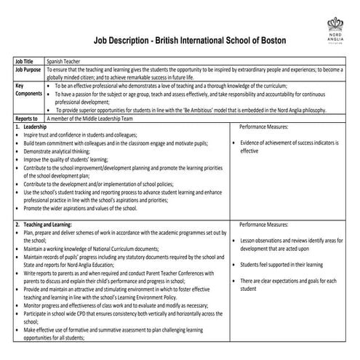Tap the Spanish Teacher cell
61,63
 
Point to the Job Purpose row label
27,70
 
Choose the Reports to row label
26,117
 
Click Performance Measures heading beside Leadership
264,126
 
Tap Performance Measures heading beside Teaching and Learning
264,225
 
